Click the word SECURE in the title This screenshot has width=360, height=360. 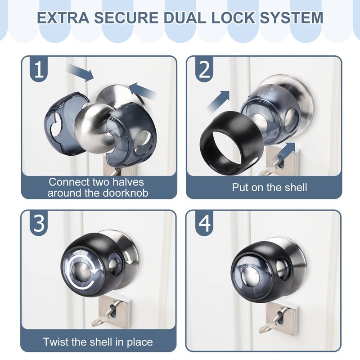[x=126, y=18]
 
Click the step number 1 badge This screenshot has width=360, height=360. [x=39, y=69]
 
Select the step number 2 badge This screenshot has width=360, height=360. [x=204, y=69]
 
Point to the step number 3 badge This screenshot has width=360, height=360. [x=39, y=223]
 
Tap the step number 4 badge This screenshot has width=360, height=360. [x=204, y=223]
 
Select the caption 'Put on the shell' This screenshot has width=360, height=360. [x=269, y=187]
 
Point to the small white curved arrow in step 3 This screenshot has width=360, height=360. [x=130, y=257]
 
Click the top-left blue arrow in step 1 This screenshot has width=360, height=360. [x=81, y=72]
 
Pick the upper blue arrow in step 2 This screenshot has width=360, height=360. [x=218, y=100]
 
